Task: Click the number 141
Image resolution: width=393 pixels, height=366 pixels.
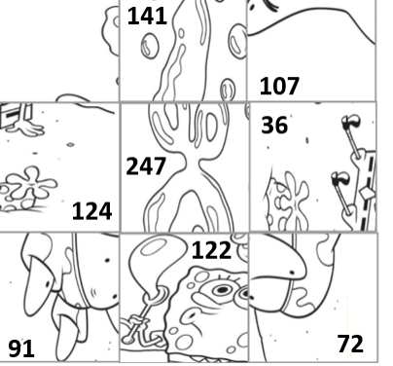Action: point(147,17)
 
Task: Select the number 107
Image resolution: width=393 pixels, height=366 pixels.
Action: point(279,87)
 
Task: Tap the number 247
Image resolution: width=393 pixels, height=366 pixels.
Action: point(146,165)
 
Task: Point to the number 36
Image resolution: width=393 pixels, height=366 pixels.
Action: point(274,126)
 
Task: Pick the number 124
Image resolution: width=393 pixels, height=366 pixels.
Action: point(92,211)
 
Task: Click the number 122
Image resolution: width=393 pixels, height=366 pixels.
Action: point(211,250)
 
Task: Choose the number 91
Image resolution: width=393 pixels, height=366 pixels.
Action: point(21,348)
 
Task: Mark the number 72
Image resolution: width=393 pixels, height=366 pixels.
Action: point(350,344)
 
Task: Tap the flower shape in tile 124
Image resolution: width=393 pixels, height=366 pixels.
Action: point(32,183)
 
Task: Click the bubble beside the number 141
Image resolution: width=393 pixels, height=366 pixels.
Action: point(150,46)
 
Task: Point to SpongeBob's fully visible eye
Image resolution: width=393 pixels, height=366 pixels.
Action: point(222,289)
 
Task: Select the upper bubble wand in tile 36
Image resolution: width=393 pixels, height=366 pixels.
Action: point(352,135)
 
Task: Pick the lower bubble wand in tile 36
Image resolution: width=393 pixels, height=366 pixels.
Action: point(341,192)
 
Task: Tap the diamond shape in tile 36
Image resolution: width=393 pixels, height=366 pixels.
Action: point(367,194)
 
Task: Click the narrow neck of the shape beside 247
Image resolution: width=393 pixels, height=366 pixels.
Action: point(193,165)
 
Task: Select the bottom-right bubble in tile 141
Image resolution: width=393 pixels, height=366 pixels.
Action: point(228,89)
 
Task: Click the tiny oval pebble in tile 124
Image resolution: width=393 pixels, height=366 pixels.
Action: point(70,145)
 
